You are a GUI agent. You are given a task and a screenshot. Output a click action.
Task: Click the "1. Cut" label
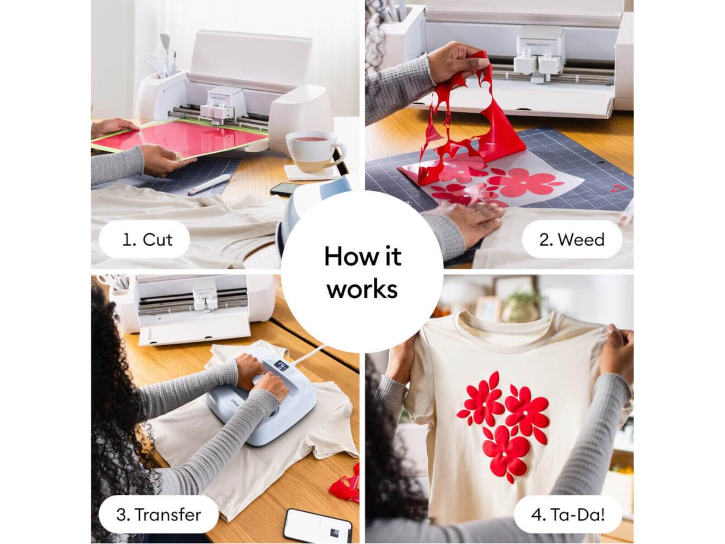click(147, 240)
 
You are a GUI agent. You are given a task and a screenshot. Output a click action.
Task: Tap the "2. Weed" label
click(572, 240)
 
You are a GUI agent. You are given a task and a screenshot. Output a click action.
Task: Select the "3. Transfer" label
click(159, 515)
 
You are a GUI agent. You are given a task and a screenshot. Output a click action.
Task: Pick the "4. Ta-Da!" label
click(568, 515)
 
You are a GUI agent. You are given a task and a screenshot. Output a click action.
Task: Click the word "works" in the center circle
click(362, 289)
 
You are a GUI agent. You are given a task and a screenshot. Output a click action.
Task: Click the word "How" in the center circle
click(346, 256)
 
